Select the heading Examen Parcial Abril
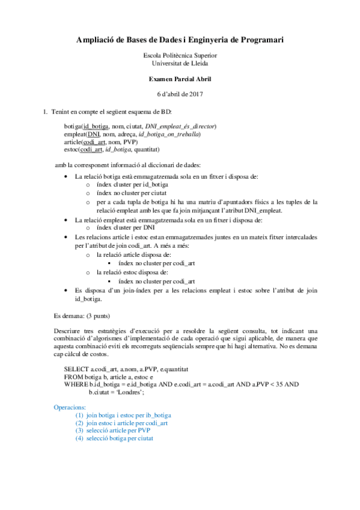pos(180,79)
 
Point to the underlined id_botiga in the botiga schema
pos(96,127)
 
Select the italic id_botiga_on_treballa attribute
pos(168,134)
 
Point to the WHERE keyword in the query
pos(76,383)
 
